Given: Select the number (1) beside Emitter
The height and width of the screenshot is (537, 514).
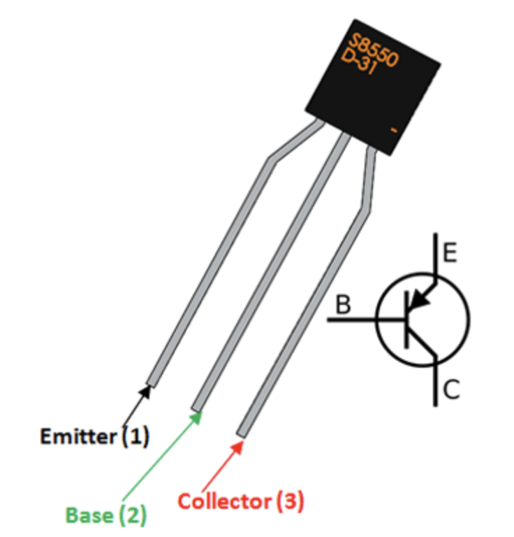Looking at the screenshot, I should (135, 438).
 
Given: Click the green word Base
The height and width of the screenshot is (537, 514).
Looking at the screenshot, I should (89, 515).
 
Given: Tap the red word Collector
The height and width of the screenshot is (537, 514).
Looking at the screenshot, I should (223, 501).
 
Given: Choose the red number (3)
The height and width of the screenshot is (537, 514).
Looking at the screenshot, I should (290, 501).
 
